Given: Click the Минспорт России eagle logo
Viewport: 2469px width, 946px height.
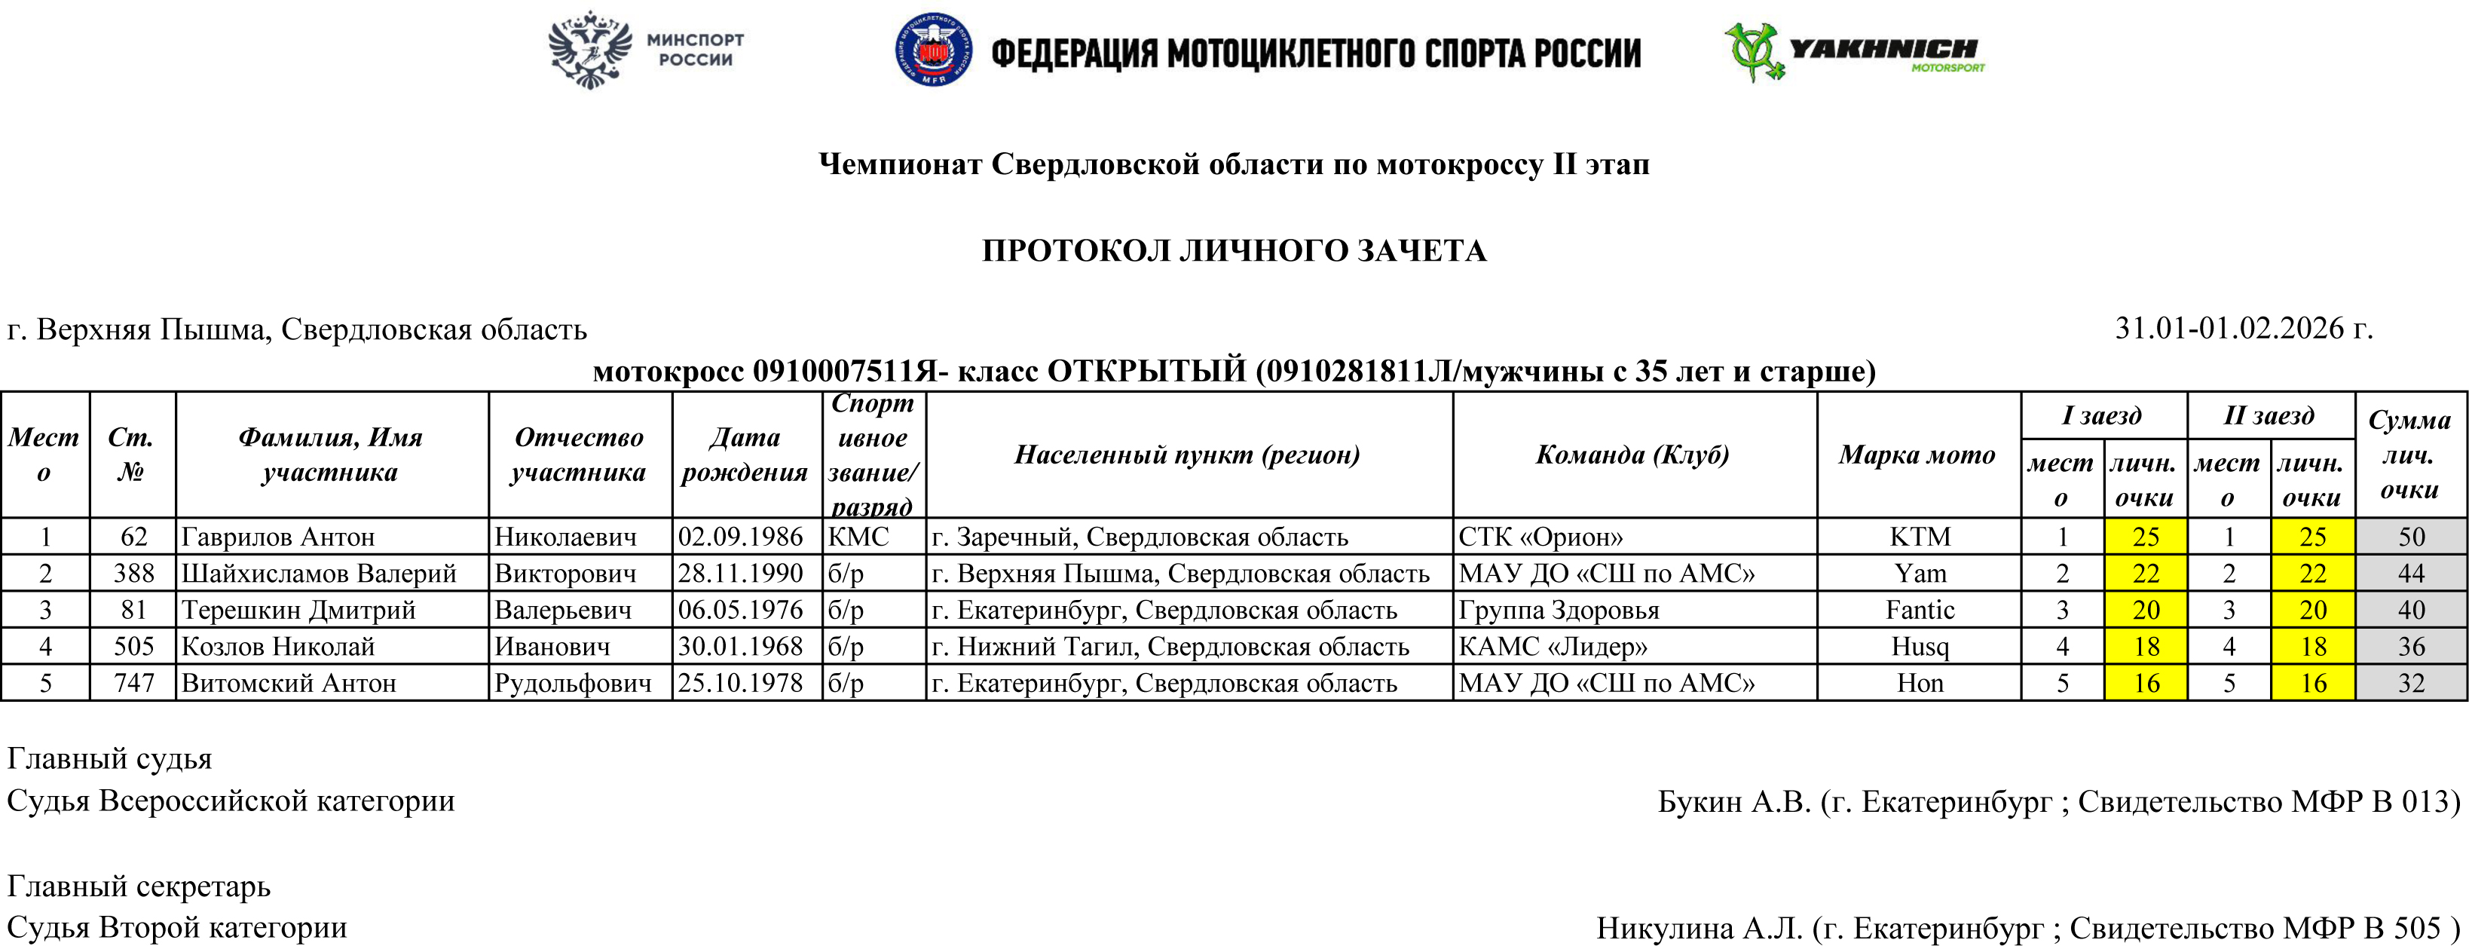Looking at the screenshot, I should click(590, 50).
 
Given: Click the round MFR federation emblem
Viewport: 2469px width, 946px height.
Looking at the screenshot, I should click(932, 50).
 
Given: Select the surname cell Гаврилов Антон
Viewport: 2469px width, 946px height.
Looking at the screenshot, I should click(278, 537).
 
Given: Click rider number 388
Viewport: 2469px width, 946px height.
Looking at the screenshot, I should click(133, 573).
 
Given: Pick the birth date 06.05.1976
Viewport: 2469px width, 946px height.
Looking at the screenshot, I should click(740, 610).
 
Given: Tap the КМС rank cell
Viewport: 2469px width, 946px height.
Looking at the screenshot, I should click(858, 537).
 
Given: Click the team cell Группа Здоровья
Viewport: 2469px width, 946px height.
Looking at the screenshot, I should click(1559, 610).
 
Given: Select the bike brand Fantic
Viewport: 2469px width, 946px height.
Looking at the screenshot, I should click(1920, 610).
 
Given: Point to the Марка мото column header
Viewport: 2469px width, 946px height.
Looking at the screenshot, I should click(1917, 455).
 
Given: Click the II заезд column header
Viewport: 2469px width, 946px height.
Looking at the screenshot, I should click(2269, 415).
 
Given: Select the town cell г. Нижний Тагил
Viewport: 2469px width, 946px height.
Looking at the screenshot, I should click(1170, 647).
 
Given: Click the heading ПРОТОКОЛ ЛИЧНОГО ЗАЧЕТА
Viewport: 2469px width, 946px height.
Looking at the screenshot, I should click(1234, 250).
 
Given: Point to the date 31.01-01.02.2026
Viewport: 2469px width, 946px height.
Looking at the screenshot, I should click(2243, 328).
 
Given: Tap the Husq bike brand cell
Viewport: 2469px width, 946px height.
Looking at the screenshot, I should click(1920, 647).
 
